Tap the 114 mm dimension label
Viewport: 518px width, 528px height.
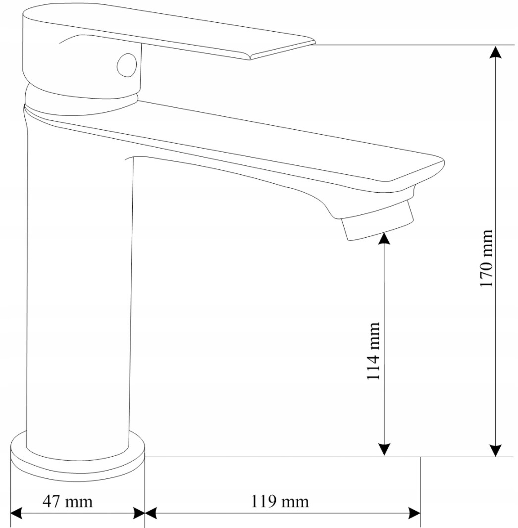(373, 351)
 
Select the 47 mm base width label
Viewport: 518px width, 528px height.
(67, 501)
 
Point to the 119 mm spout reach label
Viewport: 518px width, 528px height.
(280, 501)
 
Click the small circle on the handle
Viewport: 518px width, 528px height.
(127, 65)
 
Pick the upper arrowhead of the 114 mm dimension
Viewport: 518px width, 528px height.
(384, 238)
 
